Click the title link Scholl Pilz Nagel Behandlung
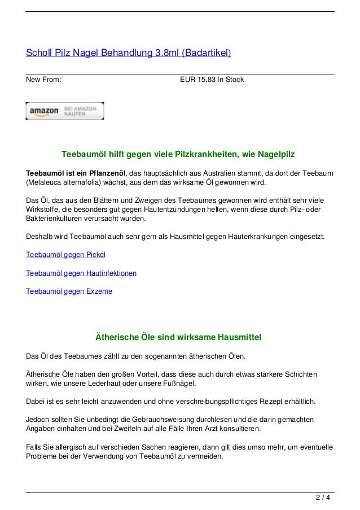point(129,54)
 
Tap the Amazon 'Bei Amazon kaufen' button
point(65,111)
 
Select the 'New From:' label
point(44,80)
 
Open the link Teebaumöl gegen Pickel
point(66,255)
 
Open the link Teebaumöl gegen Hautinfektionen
point(81,273)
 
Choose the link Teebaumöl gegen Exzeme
point(69,291)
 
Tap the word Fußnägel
point(179,384)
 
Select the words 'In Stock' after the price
point(232,80)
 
